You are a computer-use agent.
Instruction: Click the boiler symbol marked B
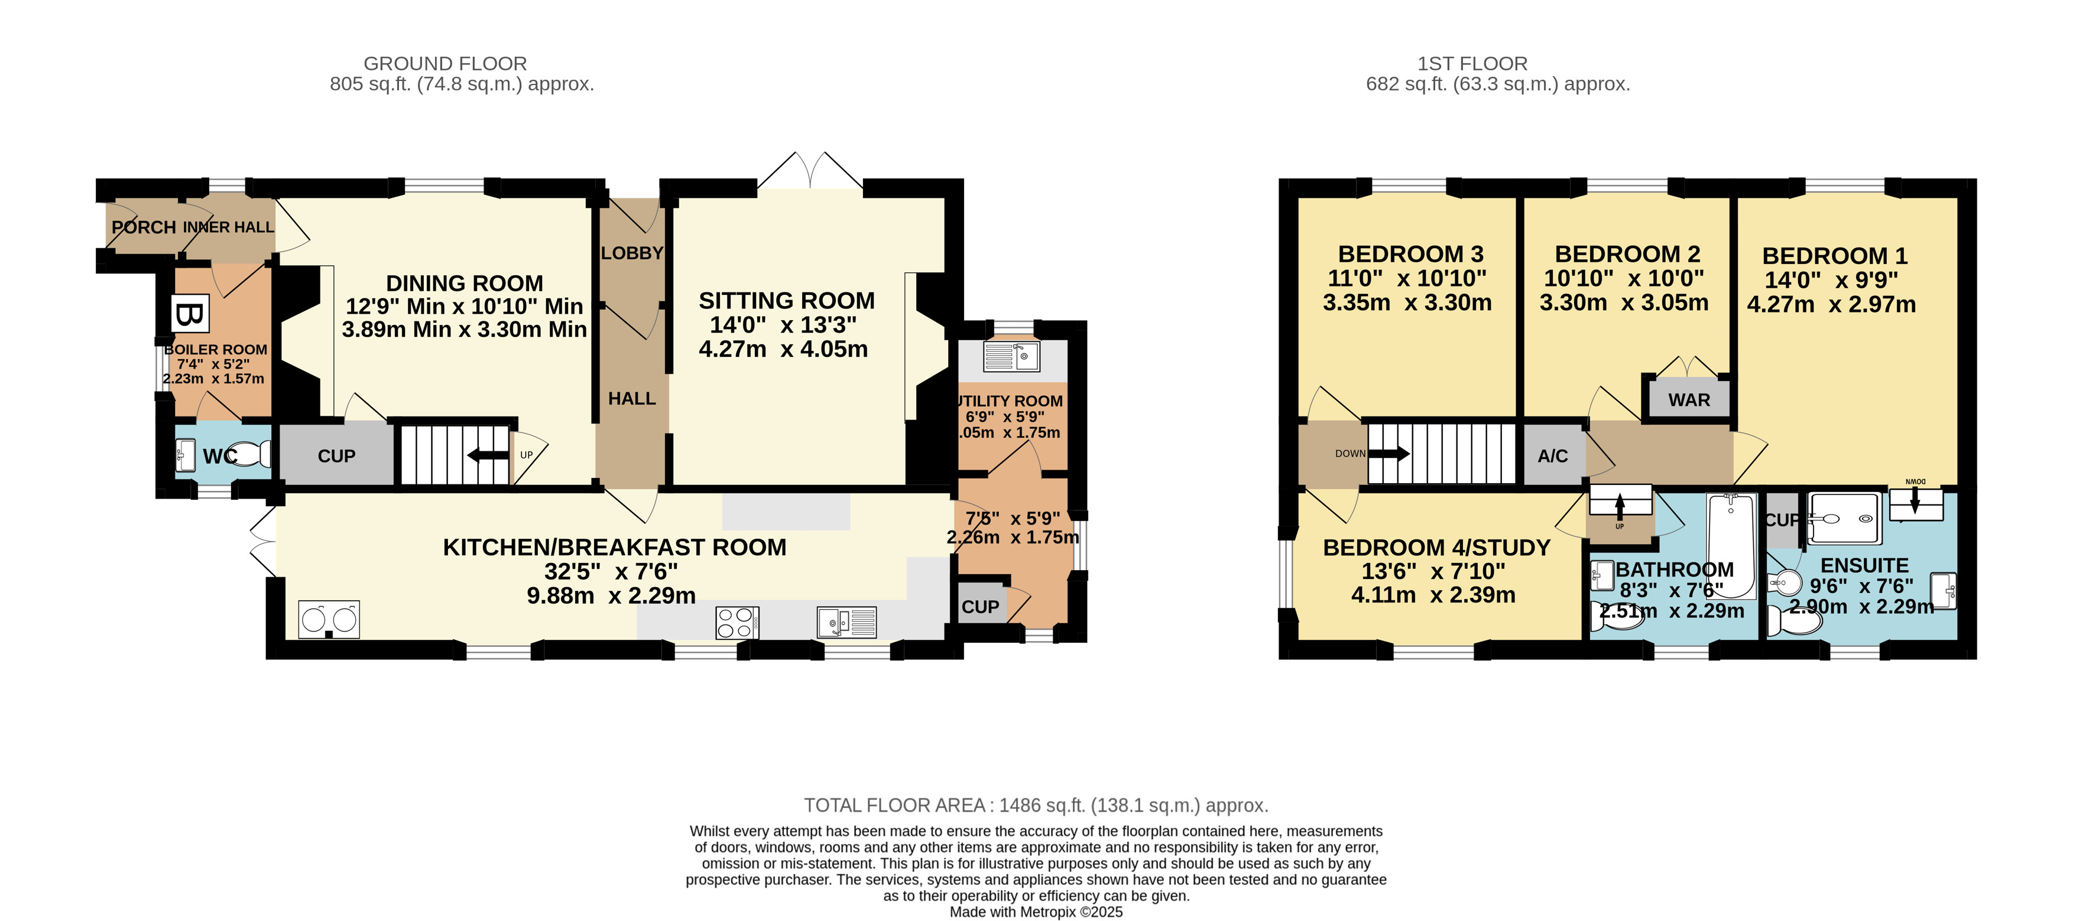point(190,314)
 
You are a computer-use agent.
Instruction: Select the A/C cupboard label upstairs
point(1552,456)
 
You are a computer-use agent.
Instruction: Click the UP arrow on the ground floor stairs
point(488,456)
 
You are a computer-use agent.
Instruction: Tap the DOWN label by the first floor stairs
point(1349,454)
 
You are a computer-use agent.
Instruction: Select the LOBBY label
point(632,253)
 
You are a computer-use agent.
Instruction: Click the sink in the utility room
point(1011,356)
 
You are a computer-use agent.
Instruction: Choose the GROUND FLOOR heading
point(445,64)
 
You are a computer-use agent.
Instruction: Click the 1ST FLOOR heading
point(1472,64)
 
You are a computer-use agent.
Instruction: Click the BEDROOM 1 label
point(1835,256)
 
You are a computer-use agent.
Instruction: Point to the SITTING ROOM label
point(786,301)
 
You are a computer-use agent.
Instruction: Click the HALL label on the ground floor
point(632,399)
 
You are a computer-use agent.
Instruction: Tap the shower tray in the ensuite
point(1844,519)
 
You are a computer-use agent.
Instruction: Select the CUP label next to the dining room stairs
point(336,456)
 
